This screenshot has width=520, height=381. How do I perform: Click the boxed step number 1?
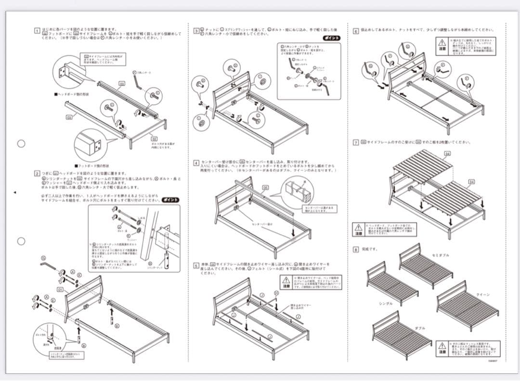pyautogui.click(x=37, y=31)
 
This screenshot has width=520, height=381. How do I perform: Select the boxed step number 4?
pyautogui.click(x=196, y=163)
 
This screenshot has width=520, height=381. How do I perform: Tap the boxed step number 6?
pyautogui.click(x=356, y=31)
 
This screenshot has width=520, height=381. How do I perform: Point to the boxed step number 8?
pyautogui.click(x=356, y=249)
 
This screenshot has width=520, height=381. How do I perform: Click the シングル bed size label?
pyautogui.click(x=385, y=303)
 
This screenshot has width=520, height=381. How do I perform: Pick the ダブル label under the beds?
pyautogui.click(x=420, y=328)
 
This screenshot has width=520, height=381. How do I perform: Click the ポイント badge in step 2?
pyautogui.click(x=171, y=200)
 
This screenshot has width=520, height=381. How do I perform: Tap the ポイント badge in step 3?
pyautogui.click(x=331, y=38)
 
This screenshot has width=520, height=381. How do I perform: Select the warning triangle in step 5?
pyautogui.click(x=286, y=280)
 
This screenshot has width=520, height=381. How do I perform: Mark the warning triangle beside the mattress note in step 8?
pyautogui.click(x=442, y=346)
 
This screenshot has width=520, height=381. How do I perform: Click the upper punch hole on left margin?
pyautogui.click(x=21, y=144)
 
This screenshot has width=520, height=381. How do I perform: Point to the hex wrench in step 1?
pyautogui.click(x=138, y=83)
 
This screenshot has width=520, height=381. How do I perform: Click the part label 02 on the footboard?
pyautogui.click(x=154, y=138)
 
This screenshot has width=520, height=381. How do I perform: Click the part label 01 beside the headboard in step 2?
pyautogui.click(x=60, y=290)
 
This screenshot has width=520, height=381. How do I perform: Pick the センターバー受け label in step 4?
pyautogui.click(x=262, y=224)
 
